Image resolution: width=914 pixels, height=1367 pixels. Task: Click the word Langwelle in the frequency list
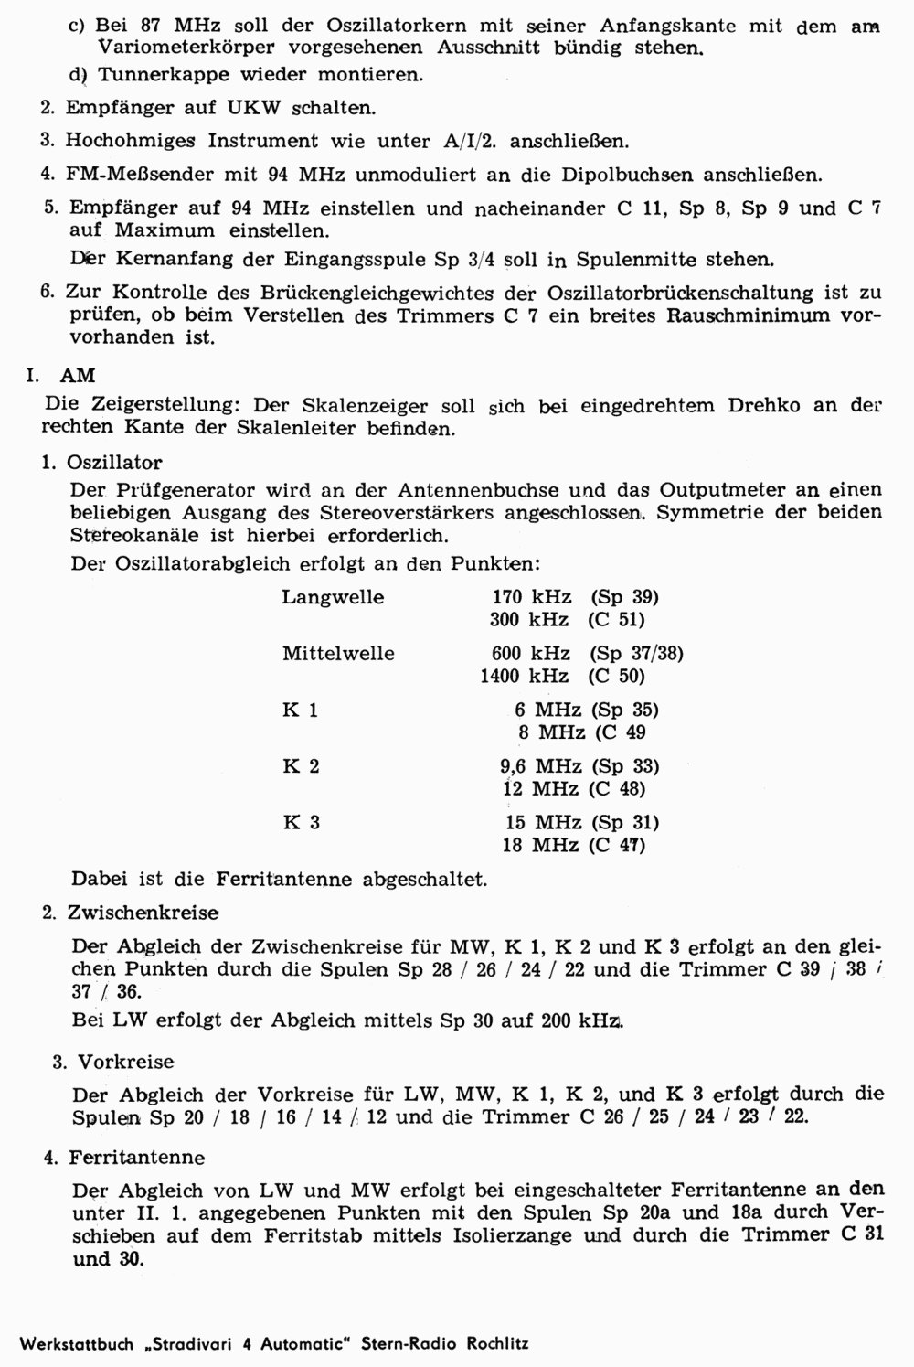coord(333,597)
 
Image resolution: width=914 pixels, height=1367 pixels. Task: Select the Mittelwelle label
coord(338,654)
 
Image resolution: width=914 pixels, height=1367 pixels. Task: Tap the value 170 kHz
coord(532,597)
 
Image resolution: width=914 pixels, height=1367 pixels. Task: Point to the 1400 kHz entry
coord(524,677)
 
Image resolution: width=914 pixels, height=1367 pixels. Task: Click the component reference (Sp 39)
coord(624,597)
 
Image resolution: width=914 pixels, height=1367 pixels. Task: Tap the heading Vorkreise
coord(125,1062)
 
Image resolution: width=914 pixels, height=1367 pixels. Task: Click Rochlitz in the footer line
coord(497,1344)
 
